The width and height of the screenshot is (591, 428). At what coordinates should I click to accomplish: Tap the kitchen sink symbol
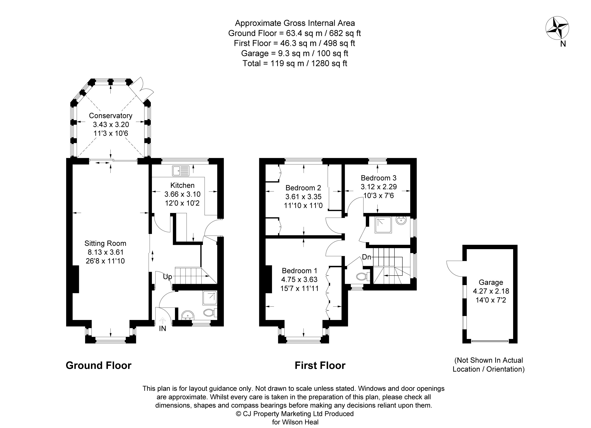click(x=181, y=171)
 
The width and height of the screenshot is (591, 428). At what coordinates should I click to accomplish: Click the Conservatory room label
click(x=111, y=116)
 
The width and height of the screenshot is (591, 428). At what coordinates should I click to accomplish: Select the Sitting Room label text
click(x=105, y=243)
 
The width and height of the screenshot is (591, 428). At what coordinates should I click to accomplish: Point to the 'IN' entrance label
click(x=162, y=328)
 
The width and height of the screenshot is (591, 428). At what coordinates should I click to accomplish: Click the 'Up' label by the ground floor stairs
click(x=168, y=277)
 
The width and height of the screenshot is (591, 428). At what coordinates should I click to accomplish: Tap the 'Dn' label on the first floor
click(x=366, y=257)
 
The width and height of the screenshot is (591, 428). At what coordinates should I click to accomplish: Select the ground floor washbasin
click(x=187, y=315)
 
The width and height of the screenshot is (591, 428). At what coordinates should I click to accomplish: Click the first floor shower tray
click(x=383, y=225)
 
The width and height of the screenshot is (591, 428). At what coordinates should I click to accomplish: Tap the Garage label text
click(x=491, y=282)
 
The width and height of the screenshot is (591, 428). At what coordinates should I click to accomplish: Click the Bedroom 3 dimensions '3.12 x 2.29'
click(x=379, y=187)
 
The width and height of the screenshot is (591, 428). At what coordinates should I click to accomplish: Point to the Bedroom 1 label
click(x=299, y=271)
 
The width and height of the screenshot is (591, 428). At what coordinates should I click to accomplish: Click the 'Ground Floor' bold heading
click(x=98, y=365)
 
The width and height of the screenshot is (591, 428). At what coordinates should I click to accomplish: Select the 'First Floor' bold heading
click(x=320, y=365)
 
